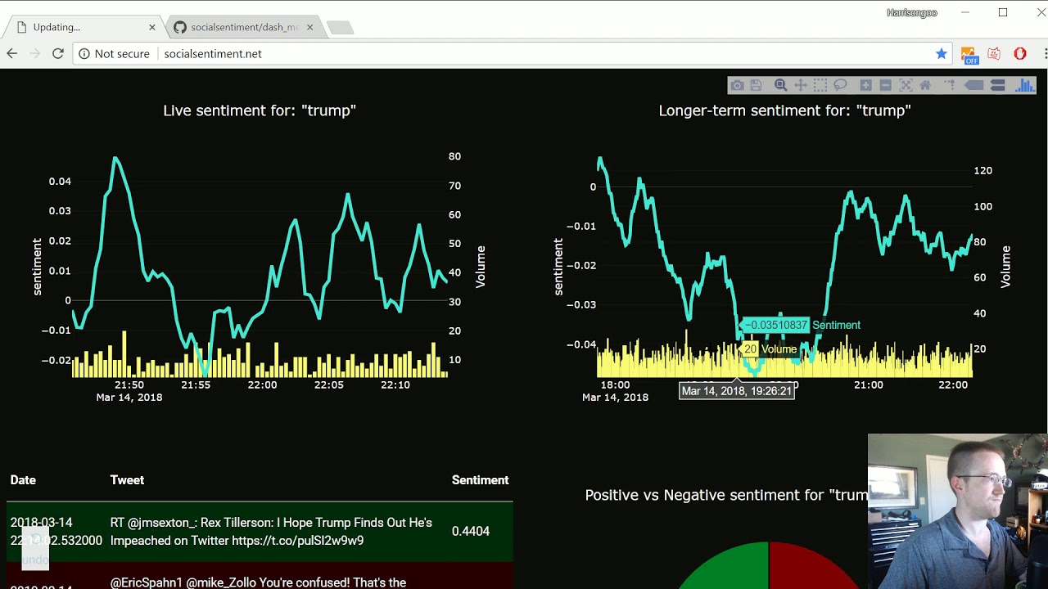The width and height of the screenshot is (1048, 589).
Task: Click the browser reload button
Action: coord(57,54)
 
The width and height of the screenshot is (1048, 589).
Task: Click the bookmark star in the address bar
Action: coord(942,54)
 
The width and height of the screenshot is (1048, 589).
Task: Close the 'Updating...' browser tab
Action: coord(152,27)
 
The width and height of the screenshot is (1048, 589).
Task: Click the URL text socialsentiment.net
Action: coord(213,54)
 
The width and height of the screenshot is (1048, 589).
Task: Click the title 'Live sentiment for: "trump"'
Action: coord(260,110)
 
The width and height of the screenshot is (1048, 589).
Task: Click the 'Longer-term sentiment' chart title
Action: coord(784,110)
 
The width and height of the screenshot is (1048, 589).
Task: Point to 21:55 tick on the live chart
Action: coord(196,384)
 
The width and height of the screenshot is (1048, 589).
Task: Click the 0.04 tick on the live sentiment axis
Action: coord(60,181)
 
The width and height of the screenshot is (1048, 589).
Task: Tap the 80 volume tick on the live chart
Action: coord(454,156)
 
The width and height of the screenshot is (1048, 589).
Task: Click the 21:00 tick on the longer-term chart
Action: coord(869,384)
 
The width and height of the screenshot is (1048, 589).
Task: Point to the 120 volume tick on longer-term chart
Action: coord(982,171)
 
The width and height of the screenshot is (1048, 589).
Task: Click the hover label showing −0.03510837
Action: coord(775,325)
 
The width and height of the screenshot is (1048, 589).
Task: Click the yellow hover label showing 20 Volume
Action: coord(770,349)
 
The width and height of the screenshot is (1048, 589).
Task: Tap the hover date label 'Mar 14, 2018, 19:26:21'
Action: coord(737,391)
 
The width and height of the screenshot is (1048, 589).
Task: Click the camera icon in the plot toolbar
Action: coord(737,85)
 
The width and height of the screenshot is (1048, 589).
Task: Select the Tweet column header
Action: coord(127,480)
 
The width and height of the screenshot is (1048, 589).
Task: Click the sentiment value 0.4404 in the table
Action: coord(471,531)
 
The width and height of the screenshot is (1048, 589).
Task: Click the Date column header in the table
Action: coord(23,480)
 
